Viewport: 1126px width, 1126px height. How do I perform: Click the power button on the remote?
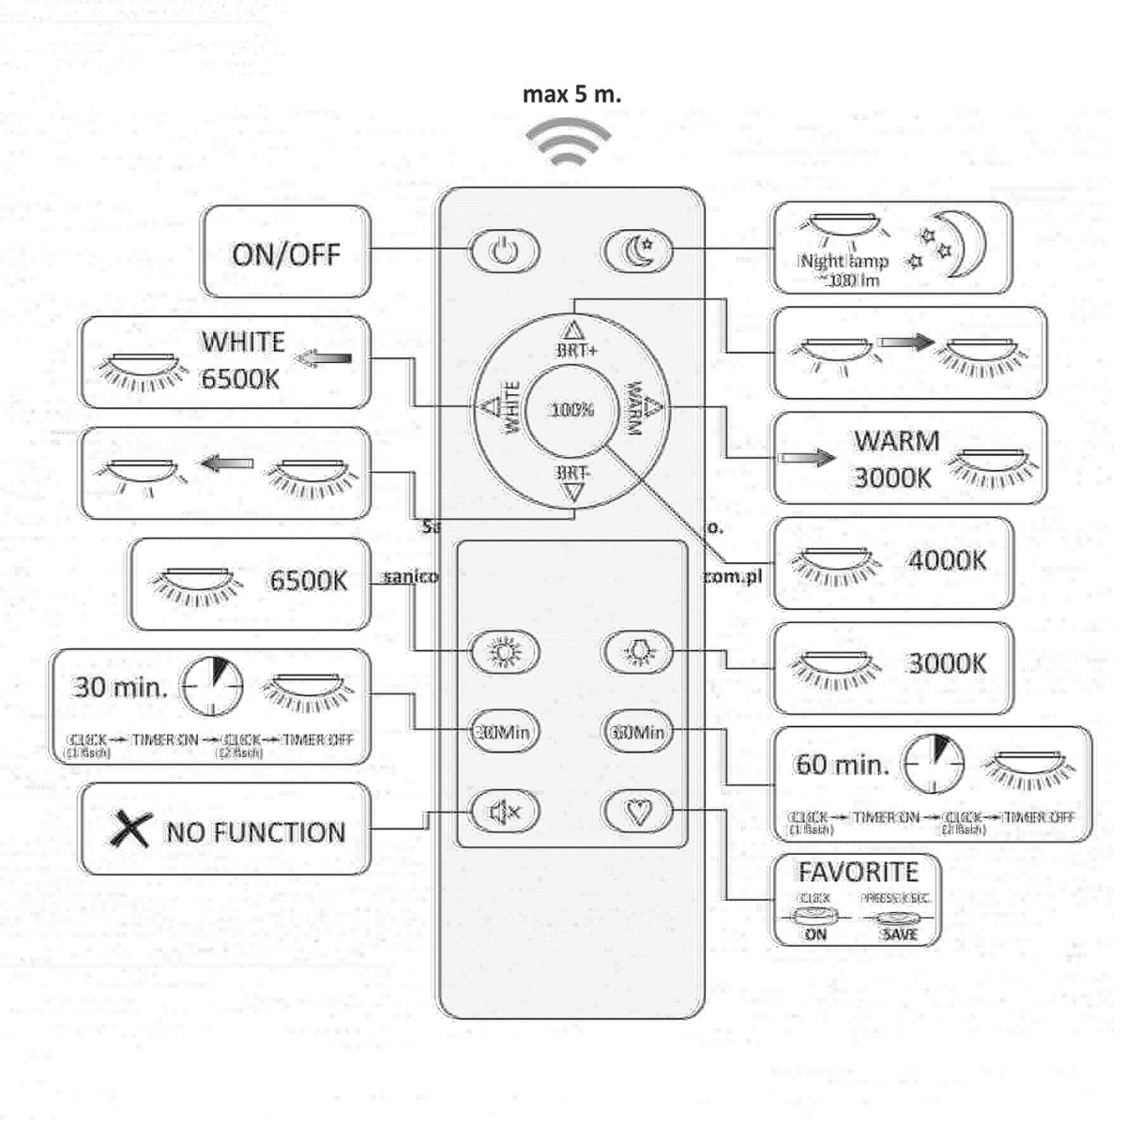point(504,251)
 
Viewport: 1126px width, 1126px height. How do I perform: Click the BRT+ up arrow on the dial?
point(572,329)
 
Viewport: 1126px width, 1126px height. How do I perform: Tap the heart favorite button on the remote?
point(638,810)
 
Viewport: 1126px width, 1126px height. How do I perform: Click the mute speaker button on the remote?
point(505,811)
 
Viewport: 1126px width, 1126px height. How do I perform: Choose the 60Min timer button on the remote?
point(638,731)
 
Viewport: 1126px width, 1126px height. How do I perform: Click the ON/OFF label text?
point(286,254)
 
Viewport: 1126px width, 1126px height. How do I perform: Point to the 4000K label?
point(947,560)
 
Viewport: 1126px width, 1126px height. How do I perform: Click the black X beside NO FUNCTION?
point(130,829)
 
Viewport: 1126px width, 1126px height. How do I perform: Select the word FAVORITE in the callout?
point(858,873)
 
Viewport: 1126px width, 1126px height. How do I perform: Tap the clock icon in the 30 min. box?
point(212,686)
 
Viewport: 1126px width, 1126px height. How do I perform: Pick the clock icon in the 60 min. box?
point(933,764)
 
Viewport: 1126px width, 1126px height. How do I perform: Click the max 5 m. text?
point(571,95)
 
